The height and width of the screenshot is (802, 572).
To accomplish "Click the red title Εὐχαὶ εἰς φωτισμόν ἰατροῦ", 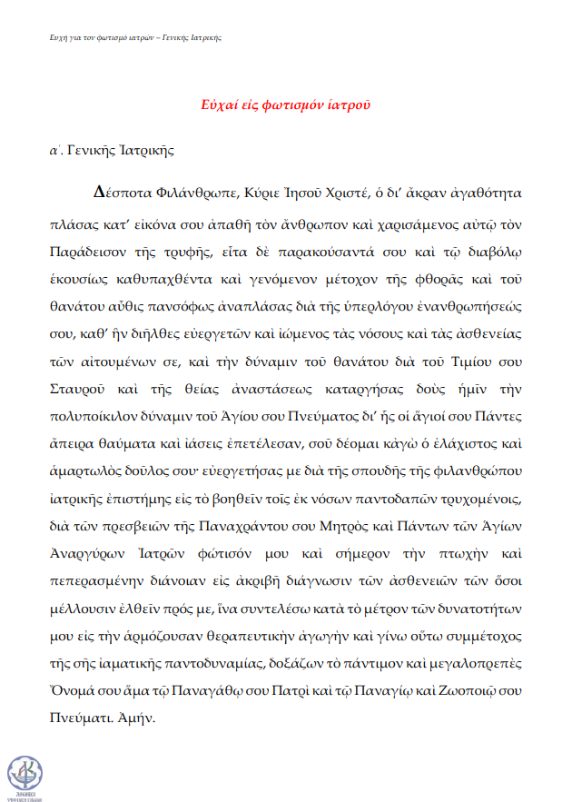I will pos(284,104).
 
